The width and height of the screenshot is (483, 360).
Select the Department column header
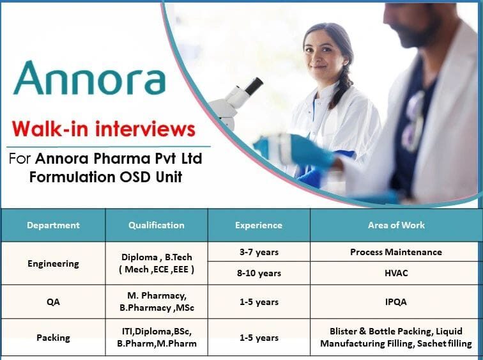53,225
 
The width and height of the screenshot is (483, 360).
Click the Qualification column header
156,225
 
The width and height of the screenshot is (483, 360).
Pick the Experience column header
258,225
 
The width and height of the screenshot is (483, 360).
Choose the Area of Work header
396,225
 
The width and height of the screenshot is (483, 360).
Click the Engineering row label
54,263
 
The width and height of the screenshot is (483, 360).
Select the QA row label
54,302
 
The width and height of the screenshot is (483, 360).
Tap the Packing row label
54,338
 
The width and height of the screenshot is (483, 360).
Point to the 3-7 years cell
259,252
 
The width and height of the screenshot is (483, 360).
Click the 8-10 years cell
259,273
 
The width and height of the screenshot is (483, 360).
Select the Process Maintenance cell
396,252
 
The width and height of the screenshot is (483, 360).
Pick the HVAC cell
396,273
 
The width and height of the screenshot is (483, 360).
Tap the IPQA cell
396,302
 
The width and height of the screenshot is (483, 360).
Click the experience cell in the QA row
259,302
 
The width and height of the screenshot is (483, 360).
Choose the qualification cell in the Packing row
156,338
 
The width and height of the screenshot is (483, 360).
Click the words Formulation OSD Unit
105,177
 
